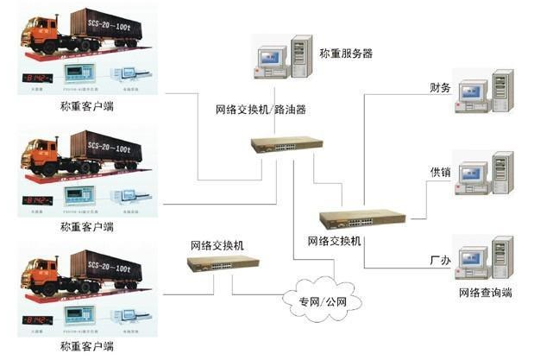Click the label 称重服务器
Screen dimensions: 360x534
pyautogui.click(x=344, y=54)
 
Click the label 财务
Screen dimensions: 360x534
pyautogui.click(x=440, y=87)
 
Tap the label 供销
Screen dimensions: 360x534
pyautogui.click(x=440, y=173)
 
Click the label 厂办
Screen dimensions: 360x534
pyautogui.click(x=440, y=258)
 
